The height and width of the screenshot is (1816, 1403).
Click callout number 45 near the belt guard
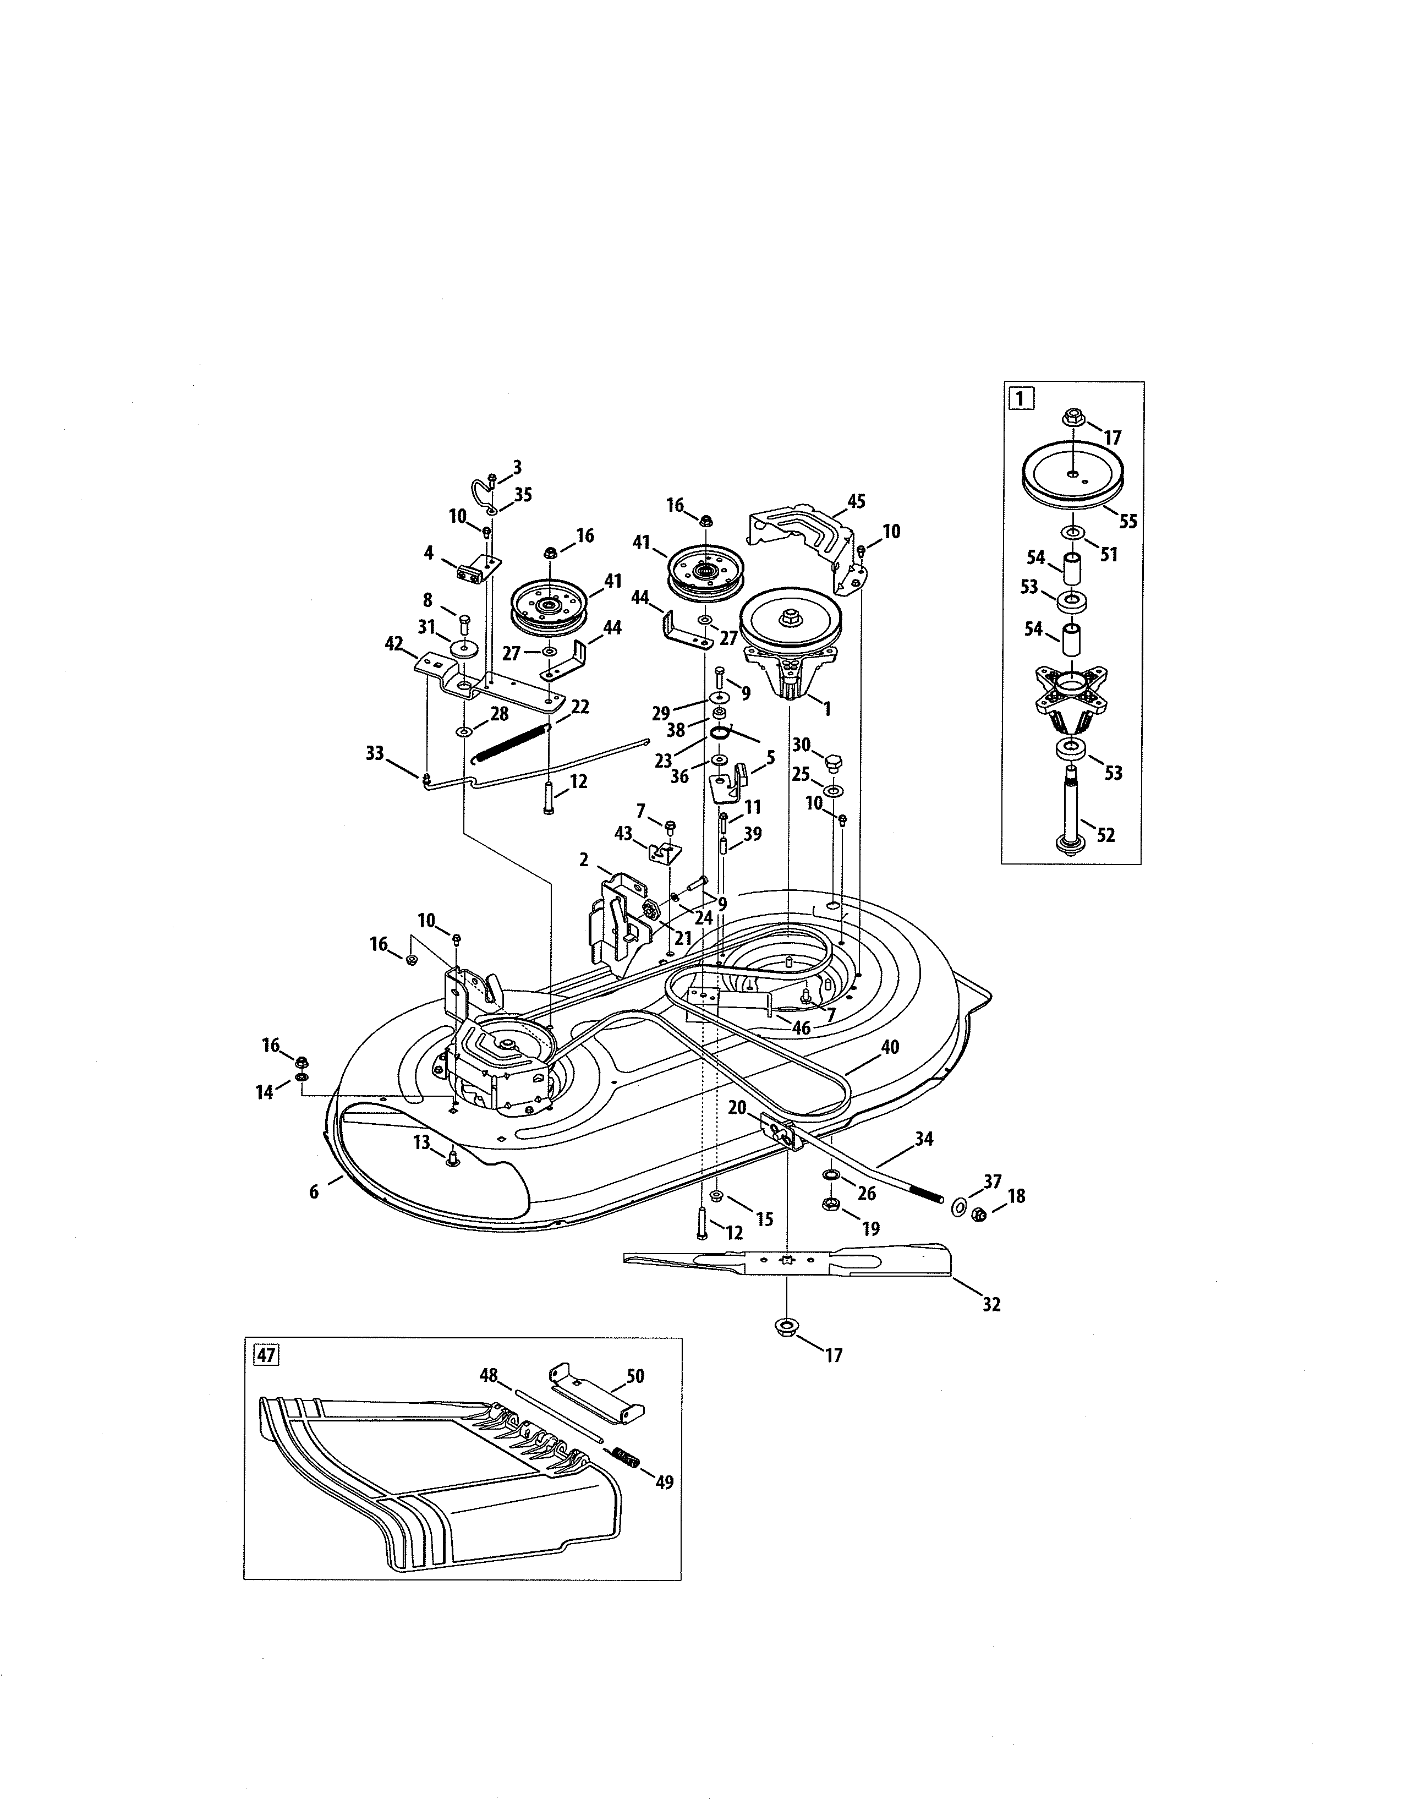(856, 501)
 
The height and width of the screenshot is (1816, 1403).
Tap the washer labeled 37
(958, 1206)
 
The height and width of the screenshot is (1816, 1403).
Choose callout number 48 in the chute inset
(488, 1375)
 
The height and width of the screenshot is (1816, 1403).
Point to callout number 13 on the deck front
(421, 1142)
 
